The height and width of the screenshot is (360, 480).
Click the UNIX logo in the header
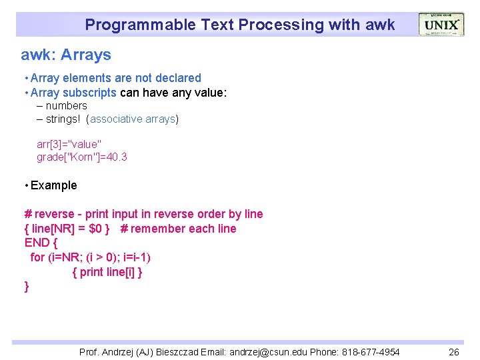441,25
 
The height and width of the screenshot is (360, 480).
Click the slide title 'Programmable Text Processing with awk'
239,25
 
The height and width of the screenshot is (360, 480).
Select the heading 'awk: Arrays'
66,55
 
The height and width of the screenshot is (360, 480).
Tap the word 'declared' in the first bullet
179,78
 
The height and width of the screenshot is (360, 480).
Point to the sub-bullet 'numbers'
66,106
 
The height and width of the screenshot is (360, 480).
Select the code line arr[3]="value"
69,144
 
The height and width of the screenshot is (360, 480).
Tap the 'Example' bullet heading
53,185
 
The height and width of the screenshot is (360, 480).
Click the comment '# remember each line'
178,229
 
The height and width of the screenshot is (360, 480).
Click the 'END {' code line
41,243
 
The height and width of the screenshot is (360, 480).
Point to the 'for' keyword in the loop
37,257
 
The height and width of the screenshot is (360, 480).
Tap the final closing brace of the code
27,287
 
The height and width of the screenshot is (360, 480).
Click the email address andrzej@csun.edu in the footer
279,352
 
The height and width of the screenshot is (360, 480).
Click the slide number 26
453,352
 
